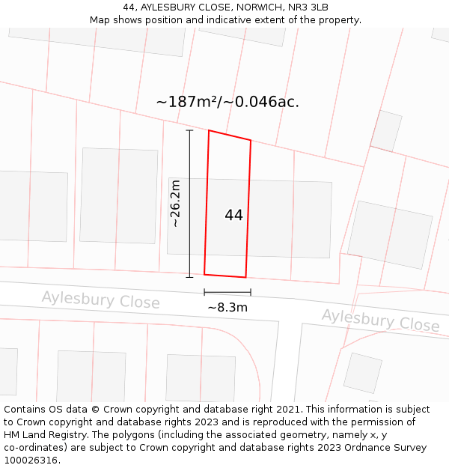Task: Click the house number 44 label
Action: pos(233,215)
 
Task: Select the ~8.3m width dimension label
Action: pos(227,307)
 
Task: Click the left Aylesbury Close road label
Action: pos(100,300)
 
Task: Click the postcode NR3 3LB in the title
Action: pos(307,7)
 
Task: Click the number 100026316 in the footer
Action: pos(32,460)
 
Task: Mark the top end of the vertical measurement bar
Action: pos(189,131)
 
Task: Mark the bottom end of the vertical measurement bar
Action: pos(189,277)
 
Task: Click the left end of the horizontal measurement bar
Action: pos(204,293)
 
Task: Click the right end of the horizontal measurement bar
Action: pos(251,293)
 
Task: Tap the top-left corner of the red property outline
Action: pos(209,131)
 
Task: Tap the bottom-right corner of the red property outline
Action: pos(245,277)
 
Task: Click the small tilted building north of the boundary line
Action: pos(386,131)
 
